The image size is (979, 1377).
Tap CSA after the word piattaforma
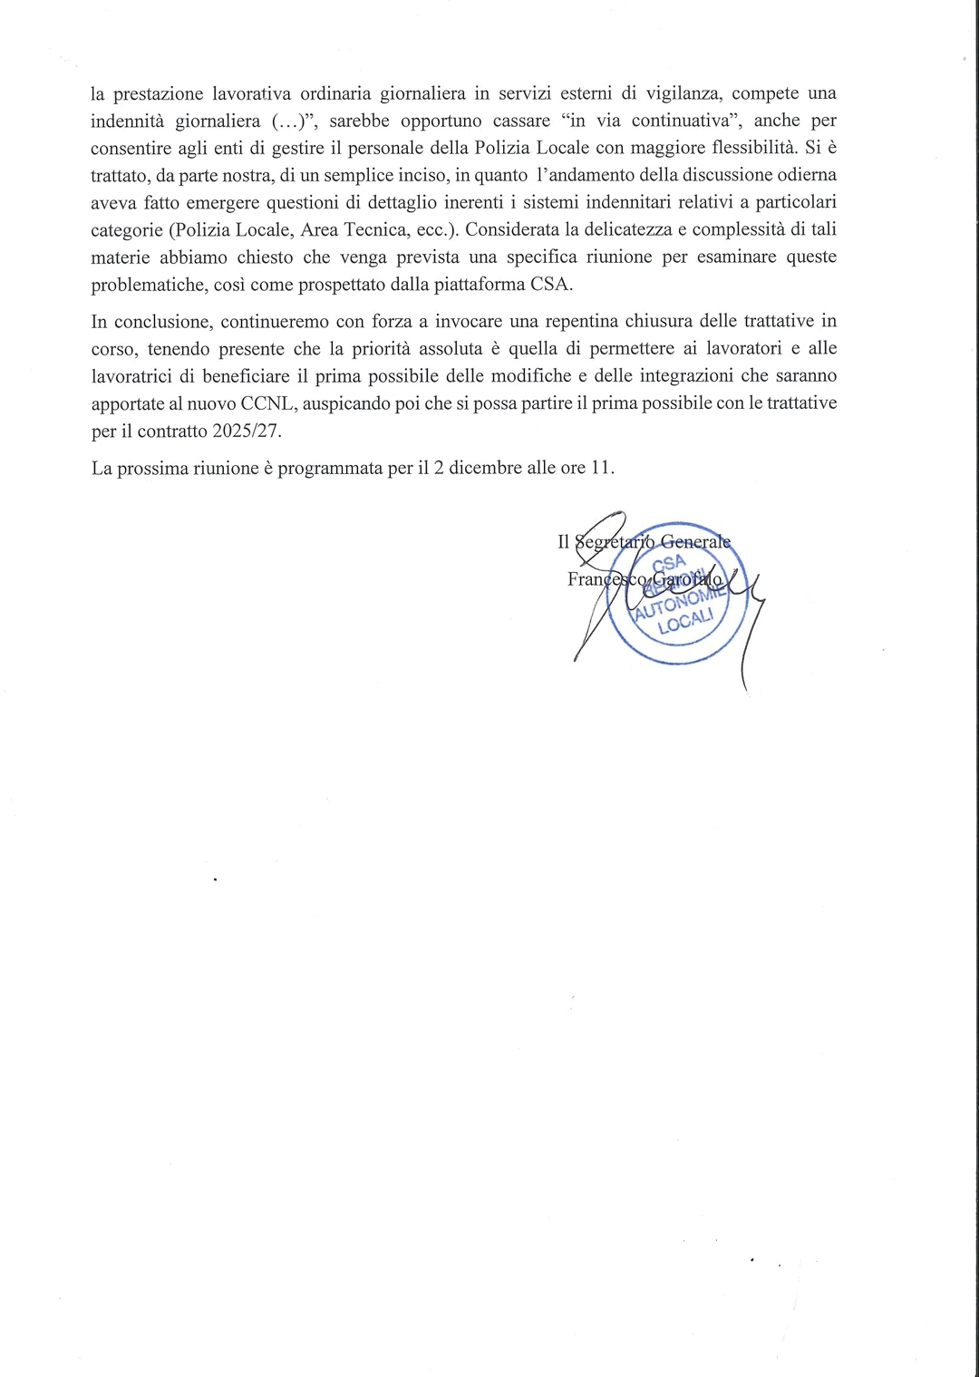pyautogui.click(x=552, y=284)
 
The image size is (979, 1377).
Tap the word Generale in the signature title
pyautogui.click(x=695, y=541)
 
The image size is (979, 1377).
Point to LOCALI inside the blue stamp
pyautogui.click(x=686, y=625)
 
